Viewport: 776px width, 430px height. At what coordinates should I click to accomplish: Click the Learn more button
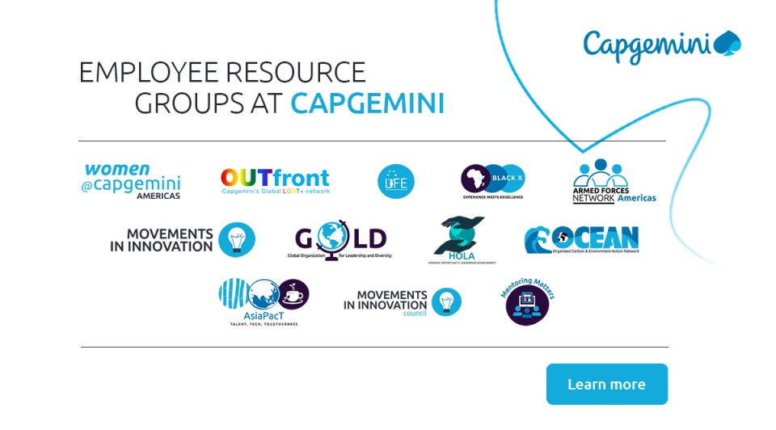point(606,384)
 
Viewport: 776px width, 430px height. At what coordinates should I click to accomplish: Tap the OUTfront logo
point(275,181)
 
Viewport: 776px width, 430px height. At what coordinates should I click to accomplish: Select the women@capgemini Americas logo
point(133,181)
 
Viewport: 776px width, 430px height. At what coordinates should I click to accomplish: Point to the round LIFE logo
point(396,181)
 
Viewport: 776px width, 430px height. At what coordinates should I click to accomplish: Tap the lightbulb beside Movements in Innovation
point(237,239)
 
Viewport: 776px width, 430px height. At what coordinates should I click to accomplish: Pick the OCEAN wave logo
point(581,240)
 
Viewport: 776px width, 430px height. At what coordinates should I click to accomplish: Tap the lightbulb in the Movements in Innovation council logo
point(445,301)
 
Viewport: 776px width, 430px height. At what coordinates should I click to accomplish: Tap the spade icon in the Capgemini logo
point(728,44)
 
